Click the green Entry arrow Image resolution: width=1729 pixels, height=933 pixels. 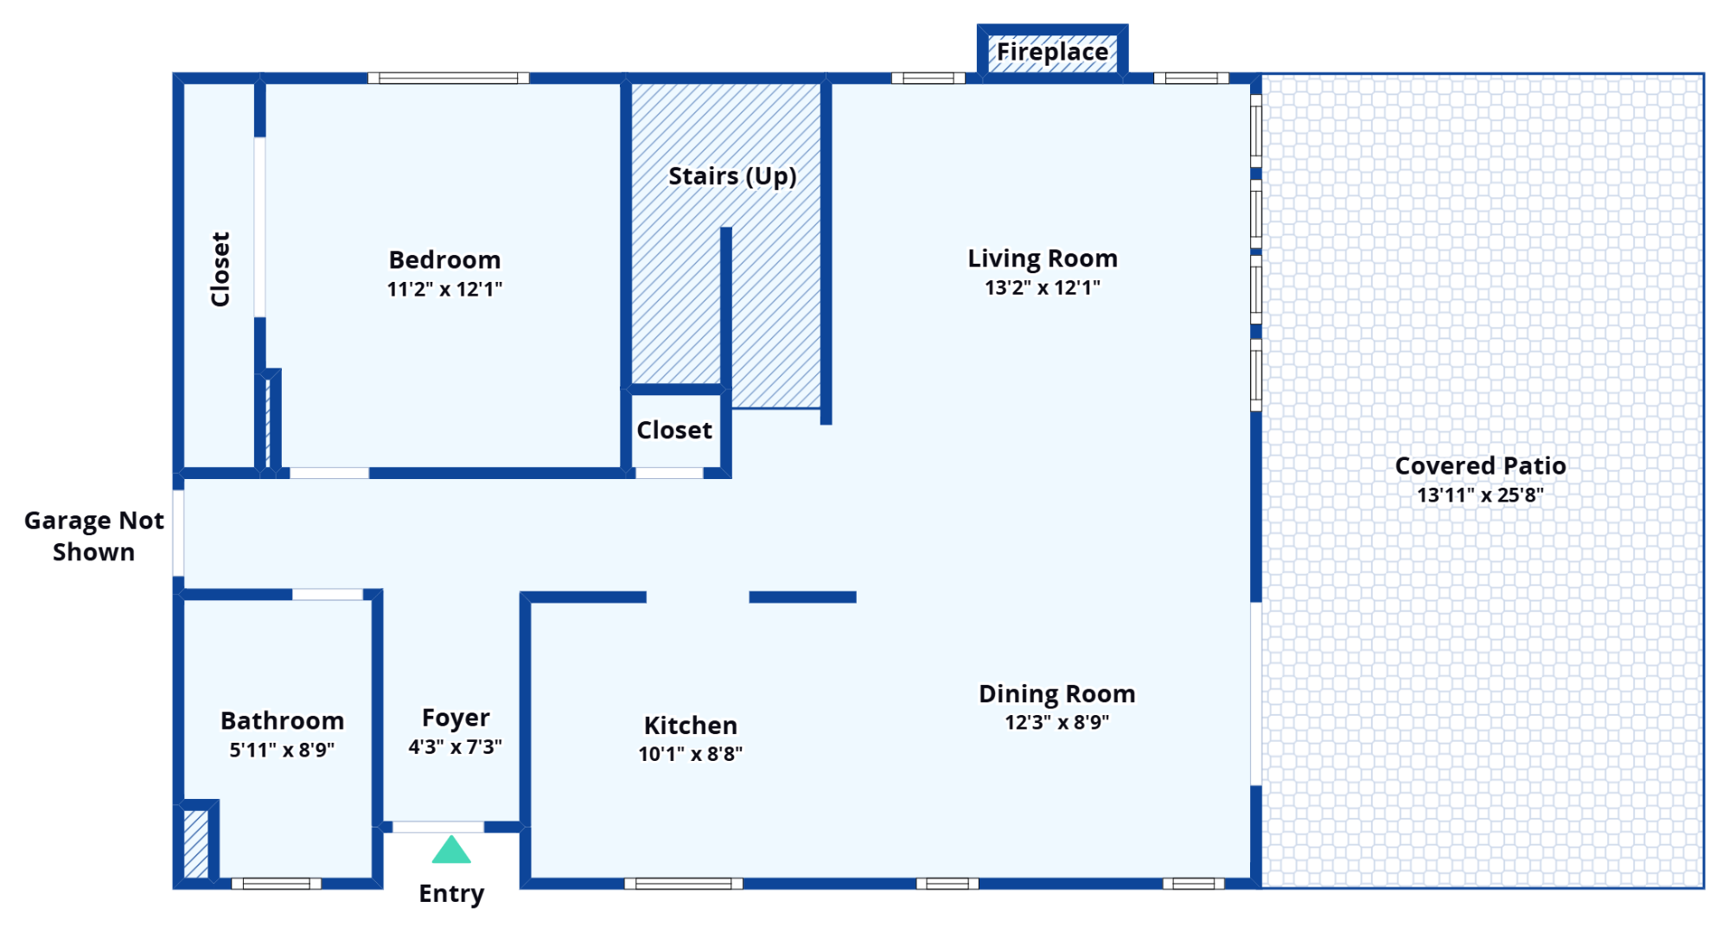[x=451, y=850]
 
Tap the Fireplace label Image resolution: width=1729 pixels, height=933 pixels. [x=1052, y=52]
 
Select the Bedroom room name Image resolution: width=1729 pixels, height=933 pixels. [x=444, y=259]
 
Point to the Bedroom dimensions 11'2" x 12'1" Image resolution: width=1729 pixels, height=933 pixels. [x=444, y=289]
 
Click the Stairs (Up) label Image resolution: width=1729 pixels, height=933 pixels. [x=732, y=176]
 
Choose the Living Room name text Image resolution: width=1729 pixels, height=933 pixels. [x=1043, y=259]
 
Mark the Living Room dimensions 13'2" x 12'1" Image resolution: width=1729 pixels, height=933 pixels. [x=1043, y=287]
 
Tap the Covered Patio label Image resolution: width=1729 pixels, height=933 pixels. [x=1480, y=466]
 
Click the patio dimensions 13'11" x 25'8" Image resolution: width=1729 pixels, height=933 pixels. [x=1480, y=495]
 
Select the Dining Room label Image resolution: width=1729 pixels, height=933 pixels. [x=1056, y=693]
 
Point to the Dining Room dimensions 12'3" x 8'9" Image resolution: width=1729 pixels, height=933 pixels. [x=1056, y=722]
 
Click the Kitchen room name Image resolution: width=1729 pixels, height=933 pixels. [x=691, y=725]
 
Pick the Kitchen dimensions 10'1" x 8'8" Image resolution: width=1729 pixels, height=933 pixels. [x=691, y=754]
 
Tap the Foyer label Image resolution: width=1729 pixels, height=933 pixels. [x=456, y=719]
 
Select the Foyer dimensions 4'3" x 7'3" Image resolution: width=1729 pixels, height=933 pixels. [x=456, y=746]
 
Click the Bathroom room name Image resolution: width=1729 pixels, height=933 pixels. [x=282, y=720]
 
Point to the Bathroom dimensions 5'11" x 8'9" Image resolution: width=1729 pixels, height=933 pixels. [x=282, y=750]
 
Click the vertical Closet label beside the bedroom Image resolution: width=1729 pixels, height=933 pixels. [x=220, y=269]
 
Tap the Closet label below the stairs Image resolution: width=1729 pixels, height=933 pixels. [x=674, y=430]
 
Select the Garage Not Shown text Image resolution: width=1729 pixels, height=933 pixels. [x=93, y=536]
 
